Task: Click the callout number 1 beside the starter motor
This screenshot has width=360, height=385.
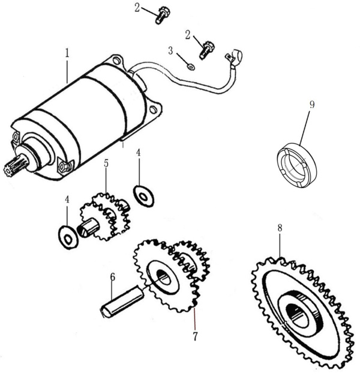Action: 67,52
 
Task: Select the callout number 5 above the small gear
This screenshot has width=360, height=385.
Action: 106,163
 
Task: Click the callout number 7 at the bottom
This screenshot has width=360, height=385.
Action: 195,336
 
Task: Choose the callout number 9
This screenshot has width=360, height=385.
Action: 312,105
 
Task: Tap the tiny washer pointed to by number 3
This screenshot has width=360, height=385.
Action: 190,67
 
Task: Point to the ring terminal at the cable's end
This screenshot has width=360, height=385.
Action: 233,58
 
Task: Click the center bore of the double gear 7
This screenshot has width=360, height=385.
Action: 162,277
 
